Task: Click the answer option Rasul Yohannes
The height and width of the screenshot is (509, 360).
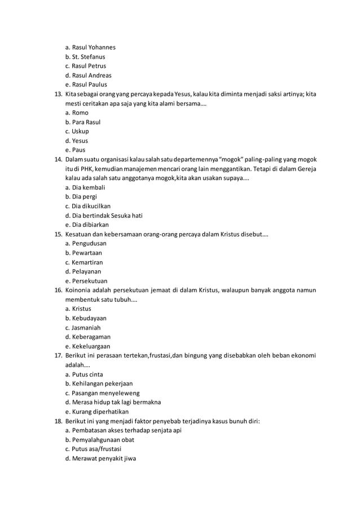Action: point(90,47)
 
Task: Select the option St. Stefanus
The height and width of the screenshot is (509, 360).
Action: point(85,57)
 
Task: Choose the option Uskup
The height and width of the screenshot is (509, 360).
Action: point(77,131)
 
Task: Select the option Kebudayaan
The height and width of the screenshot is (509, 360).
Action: point(86,318)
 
